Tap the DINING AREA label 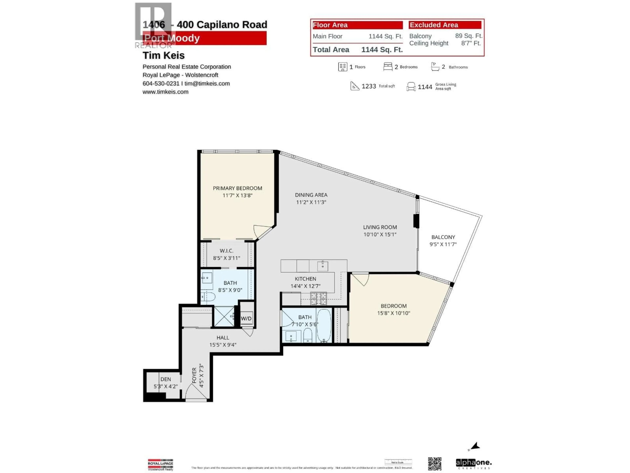[x=311, y=195]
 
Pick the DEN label [x=166, y=379]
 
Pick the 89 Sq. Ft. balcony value [x=469, y=36]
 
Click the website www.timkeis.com [x=166, y=92]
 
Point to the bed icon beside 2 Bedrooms [x=388, y=67]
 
